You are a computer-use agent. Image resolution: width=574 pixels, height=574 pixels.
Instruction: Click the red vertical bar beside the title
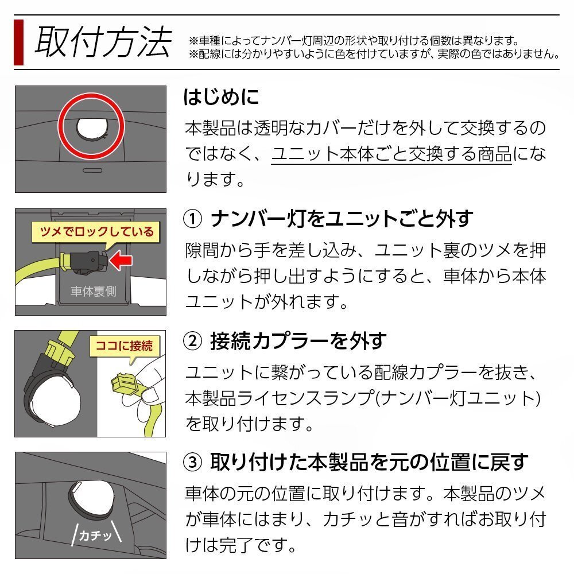(18, 42)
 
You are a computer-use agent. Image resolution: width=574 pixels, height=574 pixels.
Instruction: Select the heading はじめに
(221, 96)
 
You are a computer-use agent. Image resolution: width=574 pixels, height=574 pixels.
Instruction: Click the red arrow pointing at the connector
(121, 261)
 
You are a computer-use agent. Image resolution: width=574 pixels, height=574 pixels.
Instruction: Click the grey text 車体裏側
(92, 291)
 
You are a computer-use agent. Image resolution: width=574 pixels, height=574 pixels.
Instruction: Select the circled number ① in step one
(192, 219)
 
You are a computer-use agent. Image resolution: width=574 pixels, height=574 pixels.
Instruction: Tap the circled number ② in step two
(192, 342)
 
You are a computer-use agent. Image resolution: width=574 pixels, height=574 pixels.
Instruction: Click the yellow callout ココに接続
(125, 346)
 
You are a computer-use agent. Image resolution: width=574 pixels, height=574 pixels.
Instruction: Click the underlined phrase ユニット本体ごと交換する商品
(391, 155)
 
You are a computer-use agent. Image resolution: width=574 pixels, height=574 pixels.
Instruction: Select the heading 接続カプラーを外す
(297, 342)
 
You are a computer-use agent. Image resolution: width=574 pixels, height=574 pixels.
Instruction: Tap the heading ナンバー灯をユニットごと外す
(342, 219)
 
